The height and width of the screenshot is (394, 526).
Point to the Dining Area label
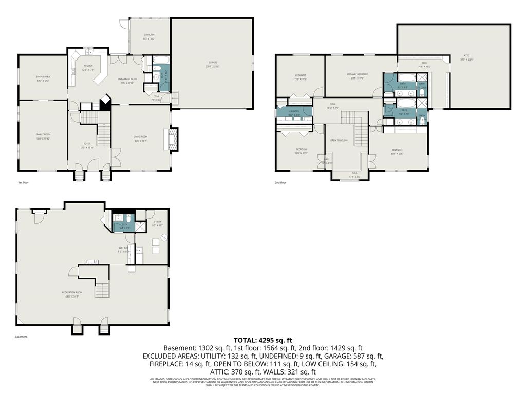click(43, 77)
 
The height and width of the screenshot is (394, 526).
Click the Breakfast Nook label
click(126, 79)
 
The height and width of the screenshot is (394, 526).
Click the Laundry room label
click(294, 111)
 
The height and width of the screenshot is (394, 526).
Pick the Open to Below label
click(339, 140)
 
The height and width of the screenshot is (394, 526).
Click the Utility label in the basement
click(157, 222)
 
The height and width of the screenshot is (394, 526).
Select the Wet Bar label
click(123, 248)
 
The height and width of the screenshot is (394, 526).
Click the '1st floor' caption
click(23, 182)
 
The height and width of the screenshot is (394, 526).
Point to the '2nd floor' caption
click(280, 182)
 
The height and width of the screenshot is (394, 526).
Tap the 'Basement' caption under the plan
click(21, 337)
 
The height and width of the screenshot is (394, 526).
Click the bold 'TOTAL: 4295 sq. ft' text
click(262, 340)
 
